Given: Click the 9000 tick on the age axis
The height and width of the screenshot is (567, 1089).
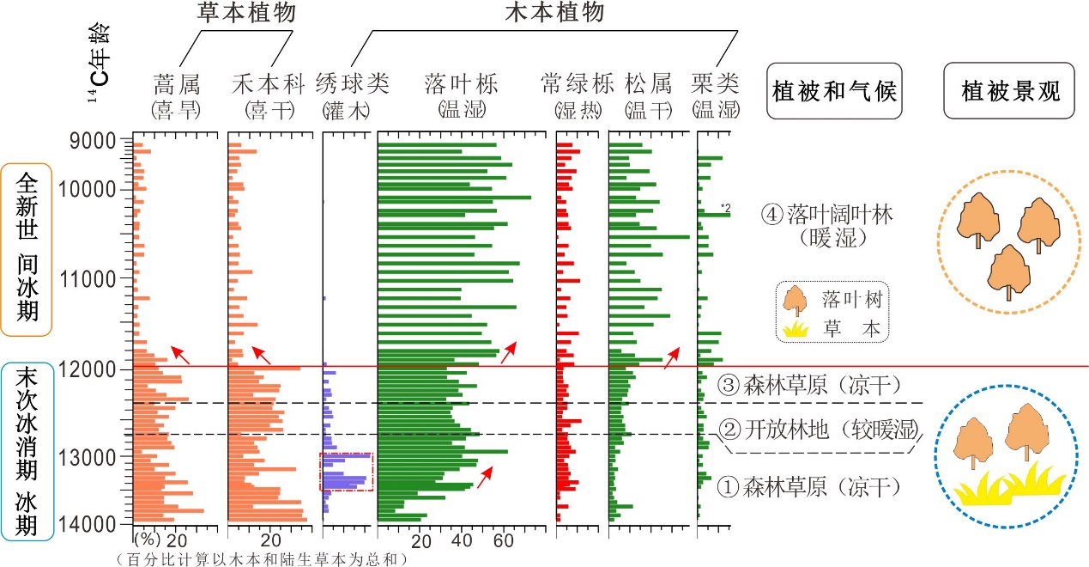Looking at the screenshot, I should (96, 139).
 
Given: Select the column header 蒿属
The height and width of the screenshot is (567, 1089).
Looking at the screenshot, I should (176, 84).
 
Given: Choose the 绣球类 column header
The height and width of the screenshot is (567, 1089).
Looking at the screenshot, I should (353, 84).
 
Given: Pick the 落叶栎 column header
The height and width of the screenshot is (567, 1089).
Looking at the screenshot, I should (462, 84).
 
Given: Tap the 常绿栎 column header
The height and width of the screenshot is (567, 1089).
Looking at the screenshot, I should (578, 84).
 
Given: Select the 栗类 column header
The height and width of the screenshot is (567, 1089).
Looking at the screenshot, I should (715, 84).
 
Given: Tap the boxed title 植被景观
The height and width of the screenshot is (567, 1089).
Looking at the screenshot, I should (1009, 90).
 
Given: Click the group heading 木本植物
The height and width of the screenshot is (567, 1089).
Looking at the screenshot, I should (555, 13).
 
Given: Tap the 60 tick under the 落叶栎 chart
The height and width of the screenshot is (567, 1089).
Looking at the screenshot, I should (502, 541).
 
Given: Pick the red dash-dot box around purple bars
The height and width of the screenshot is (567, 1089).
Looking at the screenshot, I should (347, 472).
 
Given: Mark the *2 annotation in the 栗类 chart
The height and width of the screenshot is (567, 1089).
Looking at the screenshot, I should (725, 208).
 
